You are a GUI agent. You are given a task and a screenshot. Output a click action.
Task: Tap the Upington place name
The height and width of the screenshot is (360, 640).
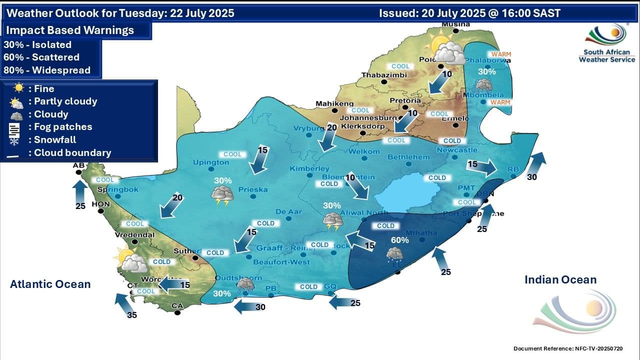(x=211, y=162)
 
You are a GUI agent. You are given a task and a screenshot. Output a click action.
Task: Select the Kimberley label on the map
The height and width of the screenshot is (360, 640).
(x=309, y=168)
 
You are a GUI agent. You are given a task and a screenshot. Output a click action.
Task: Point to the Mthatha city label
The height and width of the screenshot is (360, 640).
(x=421, y=232)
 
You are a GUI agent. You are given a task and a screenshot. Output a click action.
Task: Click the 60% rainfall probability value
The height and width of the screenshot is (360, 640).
(x=399, y=240)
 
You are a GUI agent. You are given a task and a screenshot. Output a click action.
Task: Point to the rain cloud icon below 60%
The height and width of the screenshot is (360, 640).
(x=394, y=255)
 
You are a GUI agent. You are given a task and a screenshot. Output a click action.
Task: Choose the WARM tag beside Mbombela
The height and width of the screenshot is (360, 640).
(x=500, y=102)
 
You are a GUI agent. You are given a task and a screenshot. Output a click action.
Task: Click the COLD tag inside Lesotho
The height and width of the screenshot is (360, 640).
(x=436, y=177)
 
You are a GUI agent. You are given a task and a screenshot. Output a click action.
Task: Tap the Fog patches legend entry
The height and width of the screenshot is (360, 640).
(x=62, y=127)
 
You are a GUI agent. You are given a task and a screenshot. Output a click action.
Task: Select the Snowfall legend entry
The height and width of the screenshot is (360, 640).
(x=55, y=140)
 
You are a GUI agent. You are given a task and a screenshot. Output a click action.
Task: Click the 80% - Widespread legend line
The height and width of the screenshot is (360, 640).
(x=47, y=70)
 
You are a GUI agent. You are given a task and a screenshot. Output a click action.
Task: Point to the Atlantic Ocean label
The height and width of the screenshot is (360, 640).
(x=50, y=284)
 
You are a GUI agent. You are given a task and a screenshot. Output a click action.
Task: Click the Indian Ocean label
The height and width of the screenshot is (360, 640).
(x=560, y=280)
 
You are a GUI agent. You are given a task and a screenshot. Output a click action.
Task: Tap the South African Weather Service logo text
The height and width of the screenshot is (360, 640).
(x=606, y=55)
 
